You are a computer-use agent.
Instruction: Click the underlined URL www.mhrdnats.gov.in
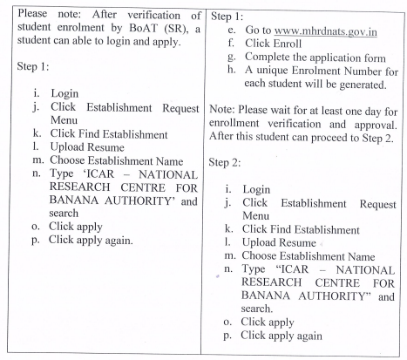[326, 31]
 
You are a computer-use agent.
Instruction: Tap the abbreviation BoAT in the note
[143, 28]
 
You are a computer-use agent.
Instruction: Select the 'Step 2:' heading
[225, 162]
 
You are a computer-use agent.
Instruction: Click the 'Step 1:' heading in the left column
[33, 66]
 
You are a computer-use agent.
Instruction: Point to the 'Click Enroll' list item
[273, 44]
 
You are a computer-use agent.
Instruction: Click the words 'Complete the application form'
[315, 58]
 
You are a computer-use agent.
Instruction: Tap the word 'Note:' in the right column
[222, 110]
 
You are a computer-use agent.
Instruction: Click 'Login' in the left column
[64, 93]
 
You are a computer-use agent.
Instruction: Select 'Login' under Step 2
[256, 189]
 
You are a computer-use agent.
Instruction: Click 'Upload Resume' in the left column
[87, 147]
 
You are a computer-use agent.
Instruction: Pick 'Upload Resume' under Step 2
[279, 242]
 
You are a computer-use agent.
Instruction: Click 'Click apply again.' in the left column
[91, 241]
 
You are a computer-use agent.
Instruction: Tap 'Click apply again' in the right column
[282, 336]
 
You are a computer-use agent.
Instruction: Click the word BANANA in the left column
[74, 200]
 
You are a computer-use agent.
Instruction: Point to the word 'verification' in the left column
[154, 16]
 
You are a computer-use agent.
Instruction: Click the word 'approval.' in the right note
[376, 125]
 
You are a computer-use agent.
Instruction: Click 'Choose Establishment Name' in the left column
[117, 160]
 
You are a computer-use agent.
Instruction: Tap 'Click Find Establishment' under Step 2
[301, 229]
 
